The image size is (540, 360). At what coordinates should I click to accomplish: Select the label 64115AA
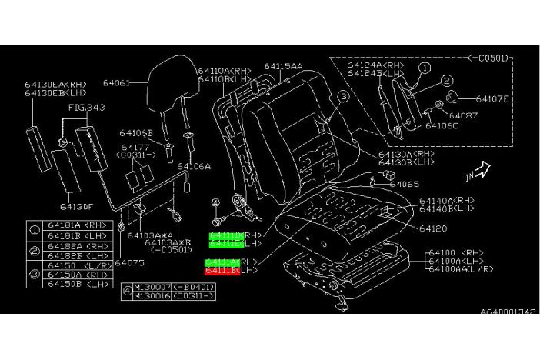click(283, 67)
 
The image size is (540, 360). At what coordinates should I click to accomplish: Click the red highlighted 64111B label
click(222, 271)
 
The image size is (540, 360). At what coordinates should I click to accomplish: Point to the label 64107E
click(492, 98)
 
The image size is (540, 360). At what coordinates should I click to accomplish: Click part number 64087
click(463, 115)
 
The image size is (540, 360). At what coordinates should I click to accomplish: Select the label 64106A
click(193, 165)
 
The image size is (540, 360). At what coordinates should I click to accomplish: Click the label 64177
click(135, 146)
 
